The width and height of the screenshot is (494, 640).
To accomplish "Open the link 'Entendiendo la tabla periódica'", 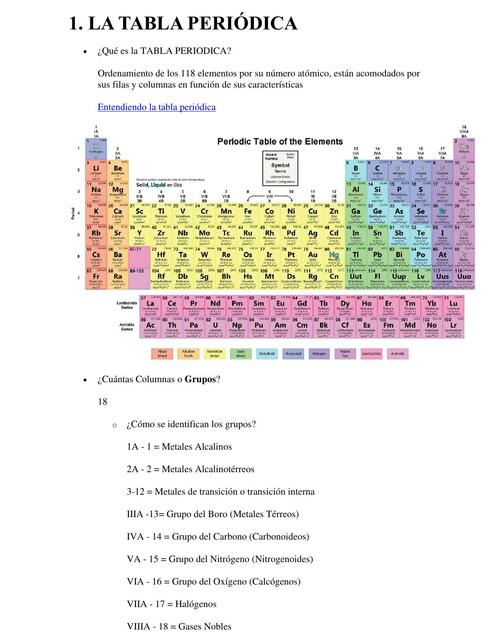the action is point(155,107).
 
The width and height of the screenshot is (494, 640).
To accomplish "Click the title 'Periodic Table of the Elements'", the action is point(280,141).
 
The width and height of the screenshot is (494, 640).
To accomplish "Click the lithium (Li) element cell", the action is point(96,170).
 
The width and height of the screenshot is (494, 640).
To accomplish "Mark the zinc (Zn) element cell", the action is point(334,214).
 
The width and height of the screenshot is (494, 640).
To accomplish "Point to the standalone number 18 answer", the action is point(102,402).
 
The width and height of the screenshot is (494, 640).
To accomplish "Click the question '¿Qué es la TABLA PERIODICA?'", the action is point(165,51).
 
